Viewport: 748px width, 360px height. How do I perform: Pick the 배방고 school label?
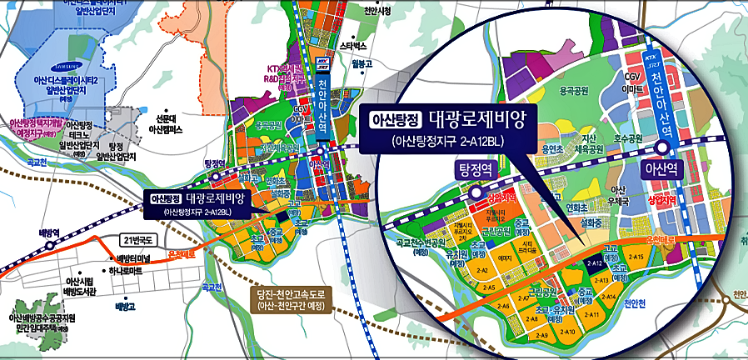126,307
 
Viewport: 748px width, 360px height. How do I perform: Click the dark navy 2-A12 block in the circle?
594,262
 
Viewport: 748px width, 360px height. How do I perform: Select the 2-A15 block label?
636,257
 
